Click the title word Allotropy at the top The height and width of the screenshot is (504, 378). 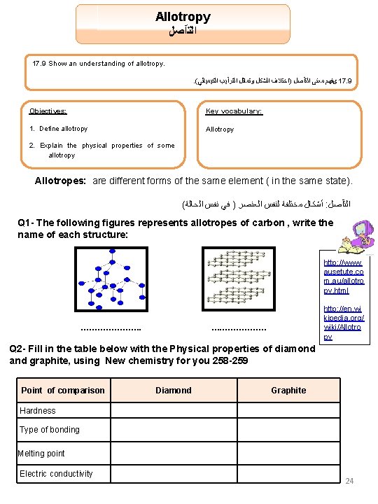183,16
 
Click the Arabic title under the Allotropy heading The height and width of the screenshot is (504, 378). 183,31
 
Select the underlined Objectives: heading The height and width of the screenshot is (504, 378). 48,111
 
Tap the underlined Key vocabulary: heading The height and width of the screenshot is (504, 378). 234,111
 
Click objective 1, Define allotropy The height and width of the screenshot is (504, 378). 59,129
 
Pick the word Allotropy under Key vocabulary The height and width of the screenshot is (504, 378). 220,129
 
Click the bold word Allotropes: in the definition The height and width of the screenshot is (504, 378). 60,181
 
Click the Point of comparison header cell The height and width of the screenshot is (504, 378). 63,390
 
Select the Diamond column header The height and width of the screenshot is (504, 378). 173,390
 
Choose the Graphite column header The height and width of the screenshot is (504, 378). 288,390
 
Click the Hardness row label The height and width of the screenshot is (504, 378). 38,410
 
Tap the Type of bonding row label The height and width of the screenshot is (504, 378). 50,429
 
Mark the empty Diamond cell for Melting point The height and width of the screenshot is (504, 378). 173,454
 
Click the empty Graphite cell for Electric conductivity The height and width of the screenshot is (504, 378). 288,474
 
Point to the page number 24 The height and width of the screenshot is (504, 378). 350,481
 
